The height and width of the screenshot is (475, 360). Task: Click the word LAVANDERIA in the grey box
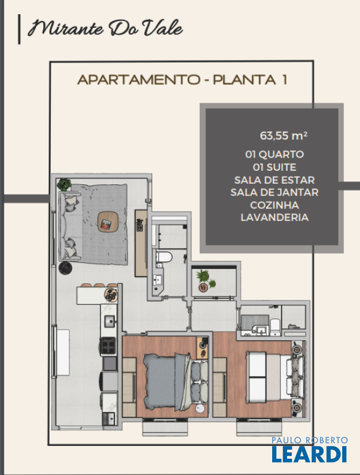pyautogui.click(x=275, y=217)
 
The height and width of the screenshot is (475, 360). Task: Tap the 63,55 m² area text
pyautogui.click(x=284, y=135)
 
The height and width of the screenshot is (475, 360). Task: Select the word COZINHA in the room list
pyautogui.click(x=275, y=205)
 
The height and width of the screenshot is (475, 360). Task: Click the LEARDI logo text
pyautogui.click(x=309, y=453)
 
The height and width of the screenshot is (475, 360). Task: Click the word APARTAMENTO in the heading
pyautogui.click(x=139, y=80)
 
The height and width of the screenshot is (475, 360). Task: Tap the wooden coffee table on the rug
pyautogui.click(x=108, y=222)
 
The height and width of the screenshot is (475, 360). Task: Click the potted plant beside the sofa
pyautogui.click(x=64, y=184)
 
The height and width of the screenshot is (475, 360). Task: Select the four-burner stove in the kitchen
pyautogui.click(x=109, y=346)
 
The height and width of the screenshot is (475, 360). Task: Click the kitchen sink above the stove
pyautogui.click(x=109, y=321)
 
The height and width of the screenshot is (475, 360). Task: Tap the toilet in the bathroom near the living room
pyautogui.click(x=164, y=257)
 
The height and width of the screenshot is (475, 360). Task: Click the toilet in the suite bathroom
pyautogui.click(x=275, y=327)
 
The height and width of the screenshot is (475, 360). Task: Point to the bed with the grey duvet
pyautogui.click(x=176, y=382)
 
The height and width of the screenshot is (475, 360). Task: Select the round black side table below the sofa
pyautogui.click(x=65, y=268)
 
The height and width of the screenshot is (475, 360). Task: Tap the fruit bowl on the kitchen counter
pyautogui.click(x=111, y=295)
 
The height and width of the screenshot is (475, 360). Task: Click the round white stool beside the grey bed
pyautogui.click(x=200, y=409)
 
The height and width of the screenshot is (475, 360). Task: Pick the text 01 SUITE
pyautogui.click(x=275, y=167)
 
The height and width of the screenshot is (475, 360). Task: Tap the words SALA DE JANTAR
pyautogui.click(x=275, y=192)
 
